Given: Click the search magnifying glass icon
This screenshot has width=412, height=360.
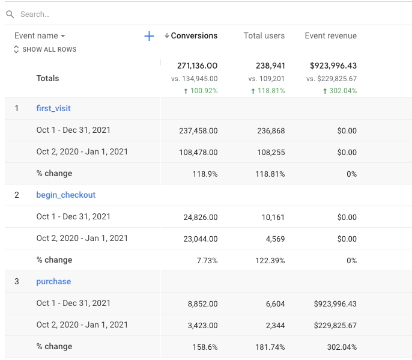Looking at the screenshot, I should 10,14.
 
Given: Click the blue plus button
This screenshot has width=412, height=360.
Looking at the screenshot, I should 149,36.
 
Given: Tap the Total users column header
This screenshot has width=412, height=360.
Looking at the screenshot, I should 264,36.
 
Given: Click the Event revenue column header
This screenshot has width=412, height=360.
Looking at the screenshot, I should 330,36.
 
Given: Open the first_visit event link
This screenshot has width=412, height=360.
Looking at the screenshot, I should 53,108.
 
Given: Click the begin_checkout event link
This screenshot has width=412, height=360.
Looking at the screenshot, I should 66,195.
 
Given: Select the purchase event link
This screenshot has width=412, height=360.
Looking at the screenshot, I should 53,281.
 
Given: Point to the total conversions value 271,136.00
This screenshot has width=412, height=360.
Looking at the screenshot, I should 197,66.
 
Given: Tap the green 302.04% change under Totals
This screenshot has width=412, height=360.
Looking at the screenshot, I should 339,91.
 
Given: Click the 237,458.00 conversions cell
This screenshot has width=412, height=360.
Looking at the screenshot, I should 198,130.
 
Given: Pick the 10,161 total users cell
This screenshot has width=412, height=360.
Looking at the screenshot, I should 273,217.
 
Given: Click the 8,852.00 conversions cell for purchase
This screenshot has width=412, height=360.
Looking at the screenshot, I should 201,304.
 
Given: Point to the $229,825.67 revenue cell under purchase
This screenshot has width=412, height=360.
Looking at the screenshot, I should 335,325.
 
